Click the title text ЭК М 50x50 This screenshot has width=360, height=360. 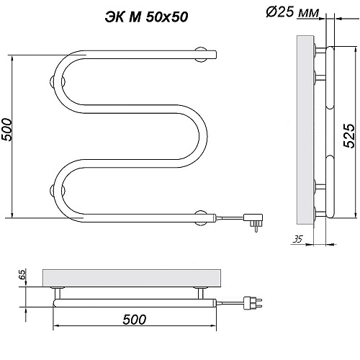[146, 17]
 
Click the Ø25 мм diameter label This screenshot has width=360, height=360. [292, 12]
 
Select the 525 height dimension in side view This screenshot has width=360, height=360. [348, 135]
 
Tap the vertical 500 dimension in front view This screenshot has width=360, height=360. [6, 130]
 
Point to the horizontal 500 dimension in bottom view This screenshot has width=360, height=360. [135, 320]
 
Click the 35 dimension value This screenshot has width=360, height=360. [298, 239]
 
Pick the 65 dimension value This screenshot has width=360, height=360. [22, 274]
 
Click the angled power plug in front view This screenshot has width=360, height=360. [253, 222]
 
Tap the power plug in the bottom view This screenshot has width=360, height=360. [253, 303]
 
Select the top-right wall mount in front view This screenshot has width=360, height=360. [201, 55]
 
